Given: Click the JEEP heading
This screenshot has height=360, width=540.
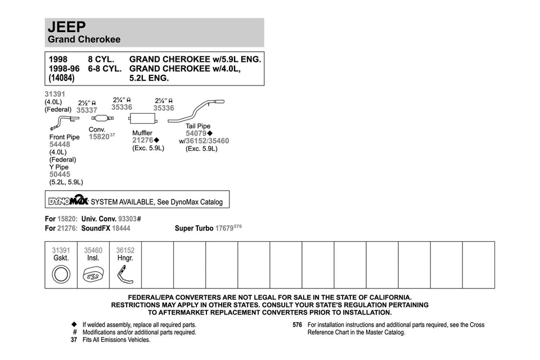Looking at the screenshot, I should [67, 27].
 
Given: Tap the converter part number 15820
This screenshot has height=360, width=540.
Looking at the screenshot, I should [99, 137].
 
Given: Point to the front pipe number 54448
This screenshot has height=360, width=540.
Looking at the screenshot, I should [60, 145].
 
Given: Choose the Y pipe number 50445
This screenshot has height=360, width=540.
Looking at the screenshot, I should [60, 174].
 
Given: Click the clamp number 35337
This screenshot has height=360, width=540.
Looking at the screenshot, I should [87, 111].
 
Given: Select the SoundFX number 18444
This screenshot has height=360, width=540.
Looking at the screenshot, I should [121, 228].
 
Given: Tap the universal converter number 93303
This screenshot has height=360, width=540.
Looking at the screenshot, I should [127, 218].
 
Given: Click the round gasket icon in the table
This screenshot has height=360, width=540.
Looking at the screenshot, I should [61, 275].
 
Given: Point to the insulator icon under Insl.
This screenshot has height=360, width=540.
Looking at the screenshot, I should [93, 275].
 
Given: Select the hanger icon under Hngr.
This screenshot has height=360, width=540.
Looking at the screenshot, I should [124, 275].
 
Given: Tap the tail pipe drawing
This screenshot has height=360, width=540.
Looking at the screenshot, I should [197, 111].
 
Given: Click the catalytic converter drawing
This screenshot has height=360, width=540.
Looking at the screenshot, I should [102, 118].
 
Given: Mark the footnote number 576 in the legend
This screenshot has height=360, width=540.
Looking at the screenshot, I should [298, 325].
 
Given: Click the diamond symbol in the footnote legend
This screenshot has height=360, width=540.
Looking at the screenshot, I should [74, 325].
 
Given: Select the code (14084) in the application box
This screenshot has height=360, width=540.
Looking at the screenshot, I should [61, 78].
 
